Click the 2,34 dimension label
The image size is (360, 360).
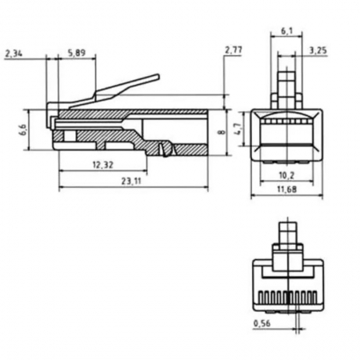[x=14, y=54]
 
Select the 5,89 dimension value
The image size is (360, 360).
[x=77, y=53]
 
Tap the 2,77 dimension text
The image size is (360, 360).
[x=234, y=50]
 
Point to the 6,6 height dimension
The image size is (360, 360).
[x=24, y=130]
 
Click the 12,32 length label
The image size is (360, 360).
[x=103, y=165]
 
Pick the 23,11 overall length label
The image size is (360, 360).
[x=131, y=182]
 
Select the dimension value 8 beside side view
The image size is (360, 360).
[x=222, y=132]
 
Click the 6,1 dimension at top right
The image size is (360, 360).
[x=286, y=31]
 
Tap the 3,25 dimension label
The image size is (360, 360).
[x=318, y=50]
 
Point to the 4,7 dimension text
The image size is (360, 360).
[x=239, y=129]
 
